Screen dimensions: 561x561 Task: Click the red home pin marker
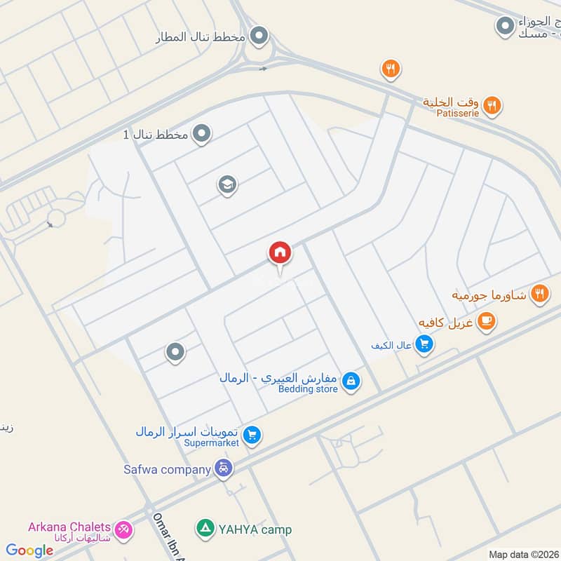click(x=279, y=252)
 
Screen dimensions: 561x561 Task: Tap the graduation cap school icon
click(x=227, y=185)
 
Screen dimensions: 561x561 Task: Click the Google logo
click(x=29, y=550)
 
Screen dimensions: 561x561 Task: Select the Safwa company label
click(x=168, y=469)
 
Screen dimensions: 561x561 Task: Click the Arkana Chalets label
click(x=69, y=527)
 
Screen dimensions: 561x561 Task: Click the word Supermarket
click(x=212, y=442)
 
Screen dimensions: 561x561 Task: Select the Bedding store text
click(x=309, y=389)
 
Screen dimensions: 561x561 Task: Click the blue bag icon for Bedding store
click(x=352, y=381)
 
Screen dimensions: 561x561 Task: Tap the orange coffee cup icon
click(x=485, y=321)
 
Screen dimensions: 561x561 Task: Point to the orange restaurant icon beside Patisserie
click(x=493, y=106)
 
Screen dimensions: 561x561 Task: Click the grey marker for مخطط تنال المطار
click(x=259, y=34)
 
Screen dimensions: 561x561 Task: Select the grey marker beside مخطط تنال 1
click(x=202, y=133)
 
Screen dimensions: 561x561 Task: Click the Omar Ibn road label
click(x=168, y=536)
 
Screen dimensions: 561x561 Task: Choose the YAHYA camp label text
click(x=255, y=529)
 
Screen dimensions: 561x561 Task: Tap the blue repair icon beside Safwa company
click(x=224, y=468)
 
